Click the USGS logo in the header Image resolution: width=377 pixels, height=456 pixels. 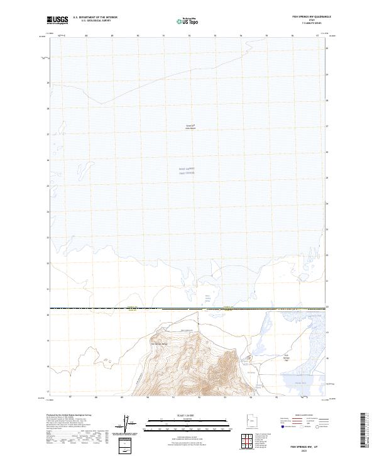point(58,20)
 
